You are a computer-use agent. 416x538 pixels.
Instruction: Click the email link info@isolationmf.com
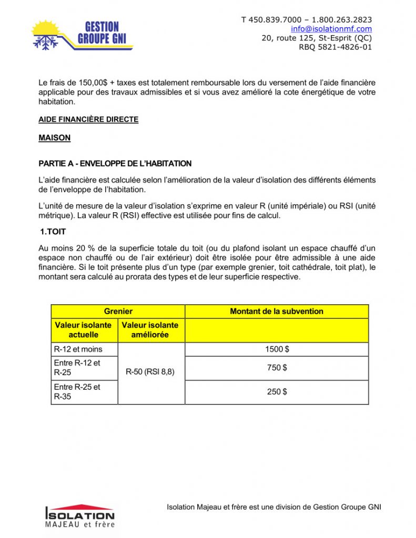[x=331, y=29]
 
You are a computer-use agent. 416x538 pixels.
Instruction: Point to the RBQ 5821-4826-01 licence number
[x=335, y=47]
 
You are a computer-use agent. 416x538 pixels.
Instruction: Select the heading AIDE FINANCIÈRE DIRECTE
[x=88, y=119]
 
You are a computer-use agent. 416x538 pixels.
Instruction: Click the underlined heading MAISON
[x=54, y=138]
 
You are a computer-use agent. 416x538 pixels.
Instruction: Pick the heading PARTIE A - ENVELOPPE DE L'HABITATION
[x=115, y=163]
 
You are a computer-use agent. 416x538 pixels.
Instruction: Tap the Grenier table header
[x=118, y=311]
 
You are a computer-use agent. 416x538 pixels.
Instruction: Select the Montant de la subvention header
[x=277, y=311]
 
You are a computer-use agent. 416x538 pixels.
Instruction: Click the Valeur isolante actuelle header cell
[x=84, y=329]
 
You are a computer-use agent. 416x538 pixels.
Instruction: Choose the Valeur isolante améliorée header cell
[x=150, y=329]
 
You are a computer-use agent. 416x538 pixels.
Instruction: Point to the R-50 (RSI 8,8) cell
[x=150, y=372]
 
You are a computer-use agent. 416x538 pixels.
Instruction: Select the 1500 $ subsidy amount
[x=277, y=349]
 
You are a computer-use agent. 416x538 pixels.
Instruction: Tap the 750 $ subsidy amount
[x=277, y=368]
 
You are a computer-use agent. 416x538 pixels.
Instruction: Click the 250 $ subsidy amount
[x=277, y=391]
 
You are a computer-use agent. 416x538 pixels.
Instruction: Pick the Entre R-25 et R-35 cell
[x=78, y=391]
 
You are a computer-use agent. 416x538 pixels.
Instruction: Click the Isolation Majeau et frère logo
[x=79, y=515]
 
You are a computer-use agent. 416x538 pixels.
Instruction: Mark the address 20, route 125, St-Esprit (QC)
[x=317, y=38]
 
